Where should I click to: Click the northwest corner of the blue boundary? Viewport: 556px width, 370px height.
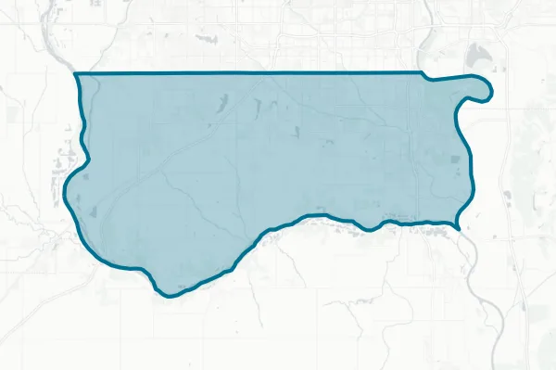click(x=75, y=72)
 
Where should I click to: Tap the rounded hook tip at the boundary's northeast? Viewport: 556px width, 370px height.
click(x=487, y=90)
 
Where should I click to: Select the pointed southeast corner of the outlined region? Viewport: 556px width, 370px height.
click(x=461, y=227)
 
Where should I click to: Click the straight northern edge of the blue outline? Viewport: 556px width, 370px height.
click(x=250, y=72)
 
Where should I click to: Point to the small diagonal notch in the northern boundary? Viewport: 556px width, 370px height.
click(x=423, y=75)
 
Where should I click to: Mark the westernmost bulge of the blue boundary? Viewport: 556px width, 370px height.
click(x=65, y=197)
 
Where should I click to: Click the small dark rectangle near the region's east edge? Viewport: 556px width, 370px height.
click(x=453, y=160)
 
